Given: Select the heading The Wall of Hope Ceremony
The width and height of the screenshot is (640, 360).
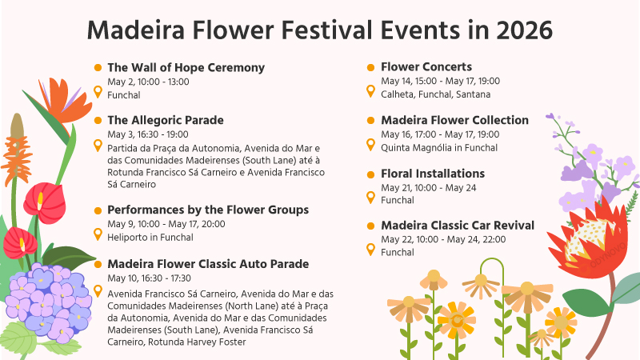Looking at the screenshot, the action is [186, 67].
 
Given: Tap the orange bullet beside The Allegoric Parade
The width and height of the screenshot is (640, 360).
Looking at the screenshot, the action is [98, 120].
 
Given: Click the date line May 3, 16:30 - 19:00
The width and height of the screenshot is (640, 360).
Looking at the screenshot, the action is [148, 134].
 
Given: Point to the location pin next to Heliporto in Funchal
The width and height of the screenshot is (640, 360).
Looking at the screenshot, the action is [98, 234].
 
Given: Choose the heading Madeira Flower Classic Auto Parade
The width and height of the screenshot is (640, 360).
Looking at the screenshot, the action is [208, 264].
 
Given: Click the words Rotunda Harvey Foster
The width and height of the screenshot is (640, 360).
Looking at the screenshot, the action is [197, 342].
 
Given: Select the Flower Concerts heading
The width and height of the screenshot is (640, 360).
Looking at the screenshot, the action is [426, 66].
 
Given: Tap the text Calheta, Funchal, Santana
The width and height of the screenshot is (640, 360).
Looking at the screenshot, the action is [435, 94].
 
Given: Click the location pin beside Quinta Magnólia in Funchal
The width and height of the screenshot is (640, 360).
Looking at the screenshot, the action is [370, 145].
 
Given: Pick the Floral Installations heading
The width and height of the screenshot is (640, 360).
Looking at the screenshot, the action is [433, 174].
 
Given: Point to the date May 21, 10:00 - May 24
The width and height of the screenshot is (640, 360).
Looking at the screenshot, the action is [429, 188].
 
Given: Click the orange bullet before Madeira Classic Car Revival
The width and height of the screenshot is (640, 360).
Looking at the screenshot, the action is [370, 226].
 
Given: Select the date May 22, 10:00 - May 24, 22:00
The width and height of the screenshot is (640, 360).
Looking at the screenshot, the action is [443, 239].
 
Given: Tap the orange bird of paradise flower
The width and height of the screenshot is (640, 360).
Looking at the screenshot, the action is [66, 102].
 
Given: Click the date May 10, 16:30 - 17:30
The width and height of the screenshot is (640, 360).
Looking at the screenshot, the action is [149, 278].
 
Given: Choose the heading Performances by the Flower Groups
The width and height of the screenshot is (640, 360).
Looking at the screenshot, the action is [208, 210].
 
